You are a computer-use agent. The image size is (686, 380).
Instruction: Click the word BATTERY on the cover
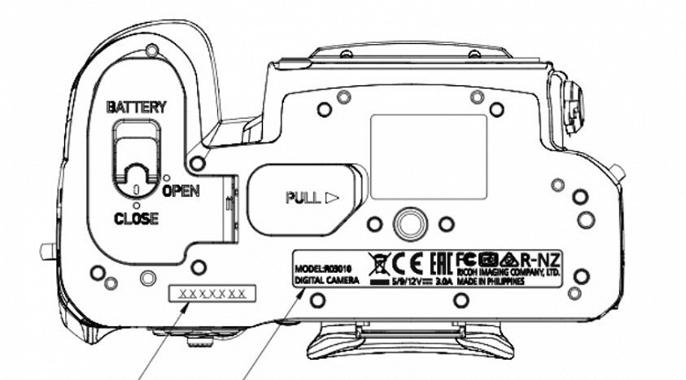pos(136,106)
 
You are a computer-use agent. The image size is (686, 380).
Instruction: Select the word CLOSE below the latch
pos(135,219)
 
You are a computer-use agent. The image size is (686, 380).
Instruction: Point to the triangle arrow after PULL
pos(332,198)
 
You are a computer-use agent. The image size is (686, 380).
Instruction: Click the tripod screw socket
pos(406,224)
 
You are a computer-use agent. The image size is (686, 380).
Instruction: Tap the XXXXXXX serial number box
pos(213,293)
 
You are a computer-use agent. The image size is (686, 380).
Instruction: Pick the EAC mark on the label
pos(441,261)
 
